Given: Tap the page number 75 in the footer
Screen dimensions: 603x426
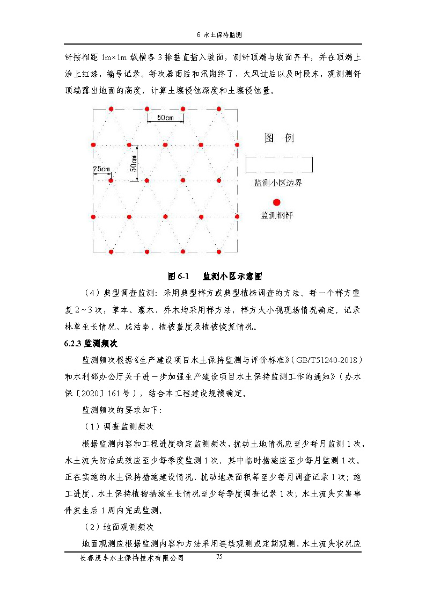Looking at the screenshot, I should pyautogui.click(x=219, y=557).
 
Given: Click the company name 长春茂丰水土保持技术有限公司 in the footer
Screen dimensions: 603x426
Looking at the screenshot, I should pyautogui.click(x=131, y=558).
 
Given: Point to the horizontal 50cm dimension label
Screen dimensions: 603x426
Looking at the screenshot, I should pyautogui.click(x=165, y=118).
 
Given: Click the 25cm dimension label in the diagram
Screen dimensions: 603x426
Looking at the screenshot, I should pyautogui.click(x=101, y=169).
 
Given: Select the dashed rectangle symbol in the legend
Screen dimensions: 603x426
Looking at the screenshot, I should pyautogui.click(x=279, y=164).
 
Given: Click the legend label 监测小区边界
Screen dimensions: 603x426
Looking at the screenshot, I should pyautogui.click(x=278, y=183).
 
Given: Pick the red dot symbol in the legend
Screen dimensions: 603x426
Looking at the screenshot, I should pyautogui.click(x=277, y=202).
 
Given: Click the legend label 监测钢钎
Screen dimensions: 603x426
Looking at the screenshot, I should pyautogui.click(x=277, y=215).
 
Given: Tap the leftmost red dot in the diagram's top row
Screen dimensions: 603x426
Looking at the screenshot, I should pyautogui.click(x=111, y=109).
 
